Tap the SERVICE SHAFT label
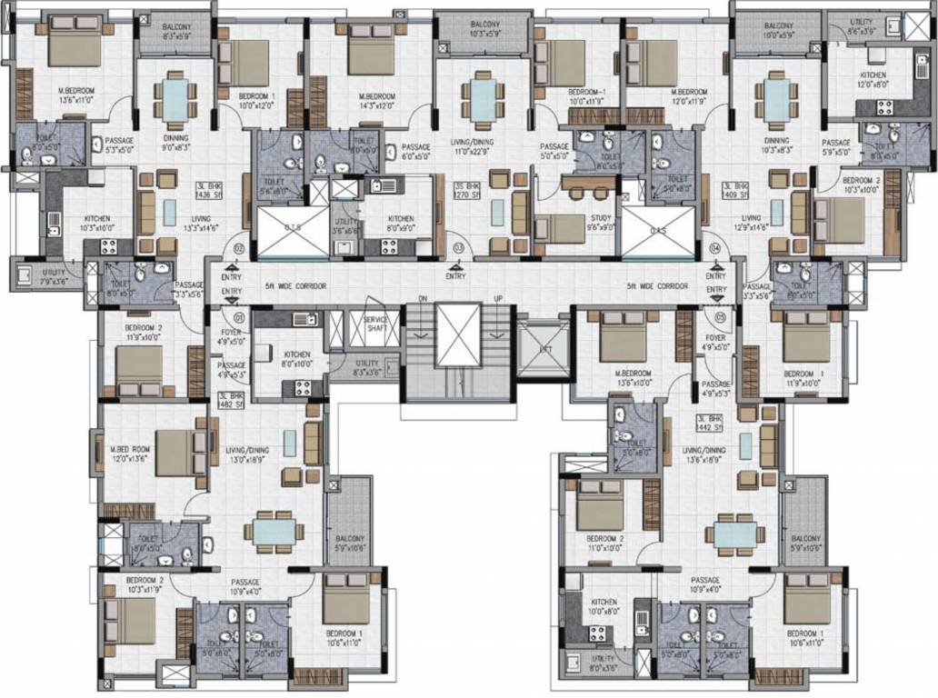375,324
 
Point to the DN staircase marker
422,298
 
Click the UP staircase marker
497,298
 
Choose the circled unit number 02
240,247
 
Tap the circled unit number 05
718,317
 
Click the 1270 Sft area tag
465,194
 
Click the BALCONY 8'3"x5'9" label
176,33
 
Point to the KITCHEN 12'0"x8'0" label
873,81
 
